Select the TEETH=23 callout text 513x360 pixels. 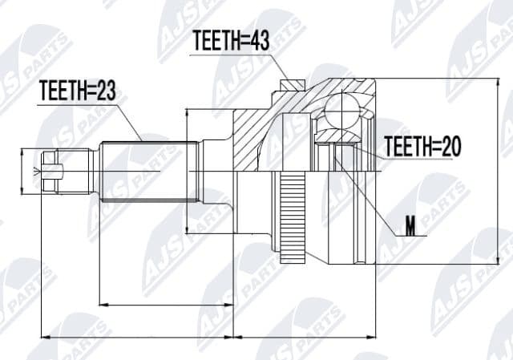coord(77,92)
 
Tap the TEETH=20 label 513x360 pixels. coord(422,147)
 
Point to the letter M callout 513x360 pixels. coord(410,229)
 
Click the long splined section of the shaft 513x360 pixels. coord(148,170)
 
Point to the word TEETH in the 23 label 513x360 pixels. coord(63,92)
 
